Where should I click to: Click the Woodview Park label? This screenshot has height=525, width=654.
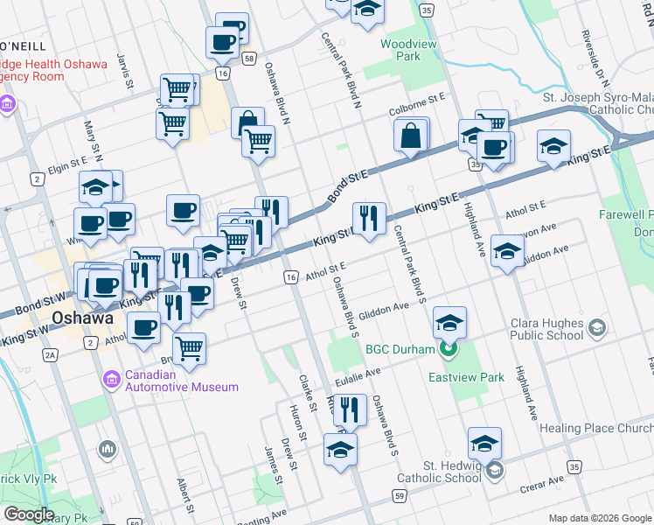click(x=401, y=50)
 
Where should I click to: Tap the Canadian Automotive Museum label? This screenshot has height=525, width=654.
click(x=181, y=381)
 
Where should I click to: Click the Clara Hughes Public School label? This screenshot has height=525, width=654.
click(x=546, y=328)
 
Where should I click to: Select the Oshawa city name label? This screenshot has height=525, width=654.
click(x=83, y=318)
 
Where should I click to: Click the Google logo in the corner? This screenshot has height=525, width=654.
click(x=28, y=514)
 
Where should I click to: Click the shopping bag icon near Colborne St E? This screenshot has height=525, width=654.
click(x=411, y=136)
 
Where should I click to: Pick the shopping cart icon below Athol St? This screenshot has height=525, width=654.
click(x=189, y=347)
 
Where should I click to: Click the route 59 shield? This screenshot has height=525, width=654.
click(x=399, y=496)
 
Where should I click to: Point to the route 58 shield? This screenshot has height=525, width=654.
click(x=250, y=59)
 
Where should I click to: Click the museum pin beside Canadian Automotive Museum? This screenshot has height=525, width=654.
click(x=112, y=381)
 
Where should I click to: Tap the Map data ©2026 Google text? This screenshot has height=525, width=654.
click(x=600, y=518)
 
